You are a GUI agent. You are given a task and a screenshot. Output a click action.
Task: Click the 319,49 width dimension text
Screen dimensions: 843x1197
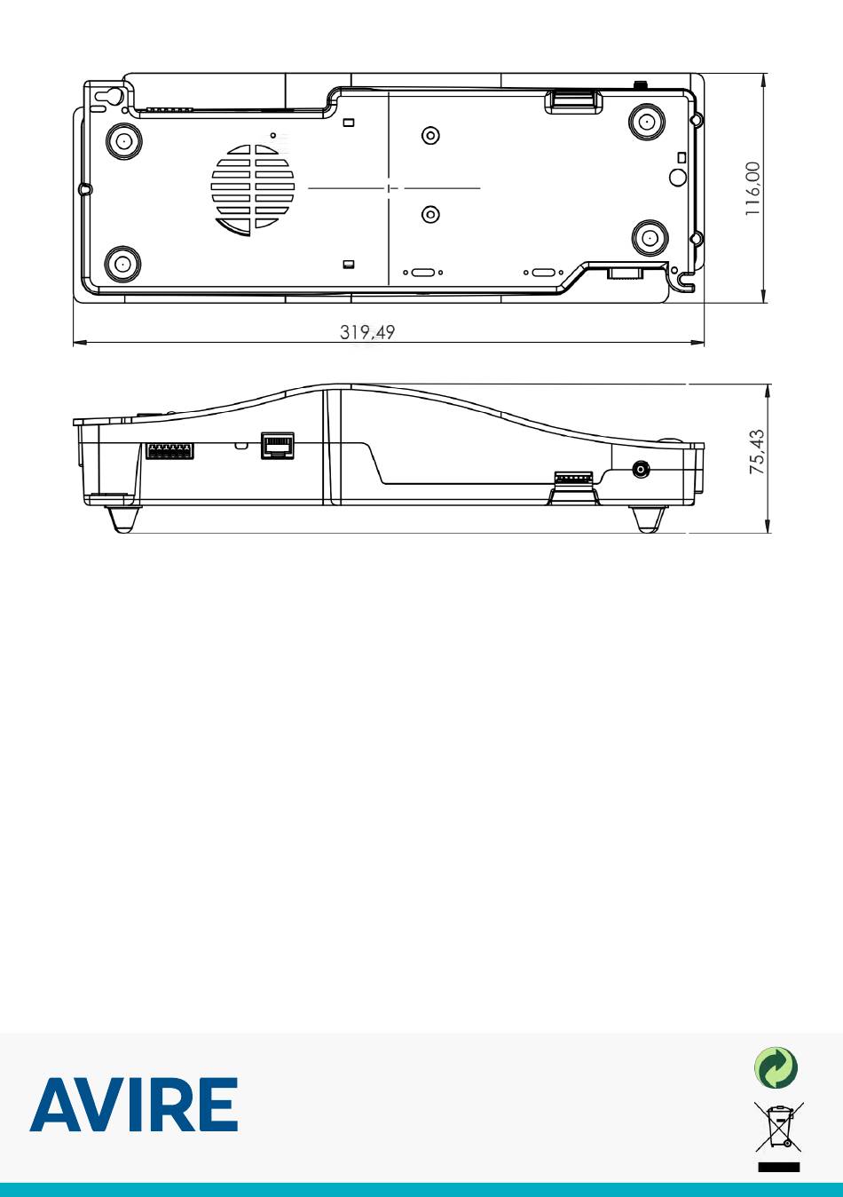coord(367,332)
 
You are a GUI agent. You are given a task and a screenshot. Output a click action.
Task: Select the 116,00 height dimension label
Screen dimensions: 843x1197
coord(752,189)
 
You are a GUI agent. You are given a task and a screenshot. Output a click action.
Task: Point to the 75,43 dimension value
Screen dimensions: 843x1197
coord(757,452)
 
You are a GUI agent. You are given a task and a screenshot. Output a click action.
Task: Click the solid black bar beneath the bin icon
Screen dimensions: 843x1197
coord(779,1167)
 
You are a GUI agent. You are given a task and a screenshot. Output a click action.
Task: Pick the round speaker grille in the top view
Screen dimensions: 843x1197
coord(253,190)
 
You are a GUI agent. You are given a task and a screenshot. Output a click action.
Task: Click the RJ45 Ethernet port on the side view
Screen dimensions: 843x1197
coord(277,445)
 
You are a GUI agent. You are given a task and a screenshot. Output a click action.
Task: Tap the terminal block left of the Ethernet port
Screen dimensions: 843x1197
coord(169,450)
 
